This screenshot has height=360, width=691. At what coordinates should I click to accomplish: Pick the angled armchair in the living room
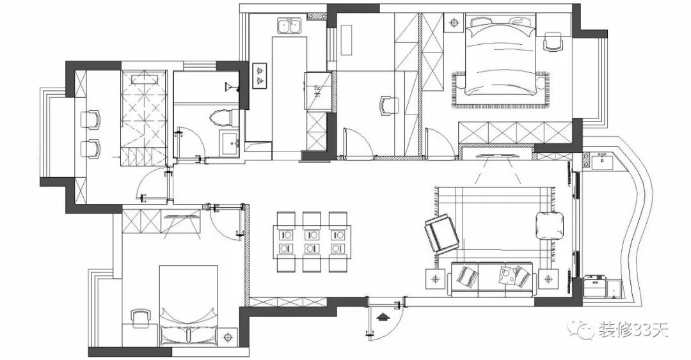(x=441, y=234)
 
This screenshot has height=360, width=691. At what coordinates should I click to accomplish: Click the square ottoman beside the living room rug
(x=550, y=225)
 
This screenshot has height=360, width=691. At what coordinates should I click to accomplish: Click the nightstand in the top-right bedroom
(x=454, y=23)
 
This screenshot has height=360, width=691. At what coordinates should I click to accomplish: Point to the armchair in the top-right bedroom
(x=552, y=42)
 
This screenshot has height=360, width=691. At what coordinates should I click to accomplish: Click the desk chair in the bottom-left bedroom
(x=140, y=318)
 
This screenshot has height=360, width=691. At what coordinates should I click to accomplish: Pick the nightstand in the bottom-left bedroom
(x=227, y=336)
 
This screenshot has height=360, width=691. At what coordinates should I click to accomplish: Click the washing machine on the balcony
(x=595, y=285)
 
